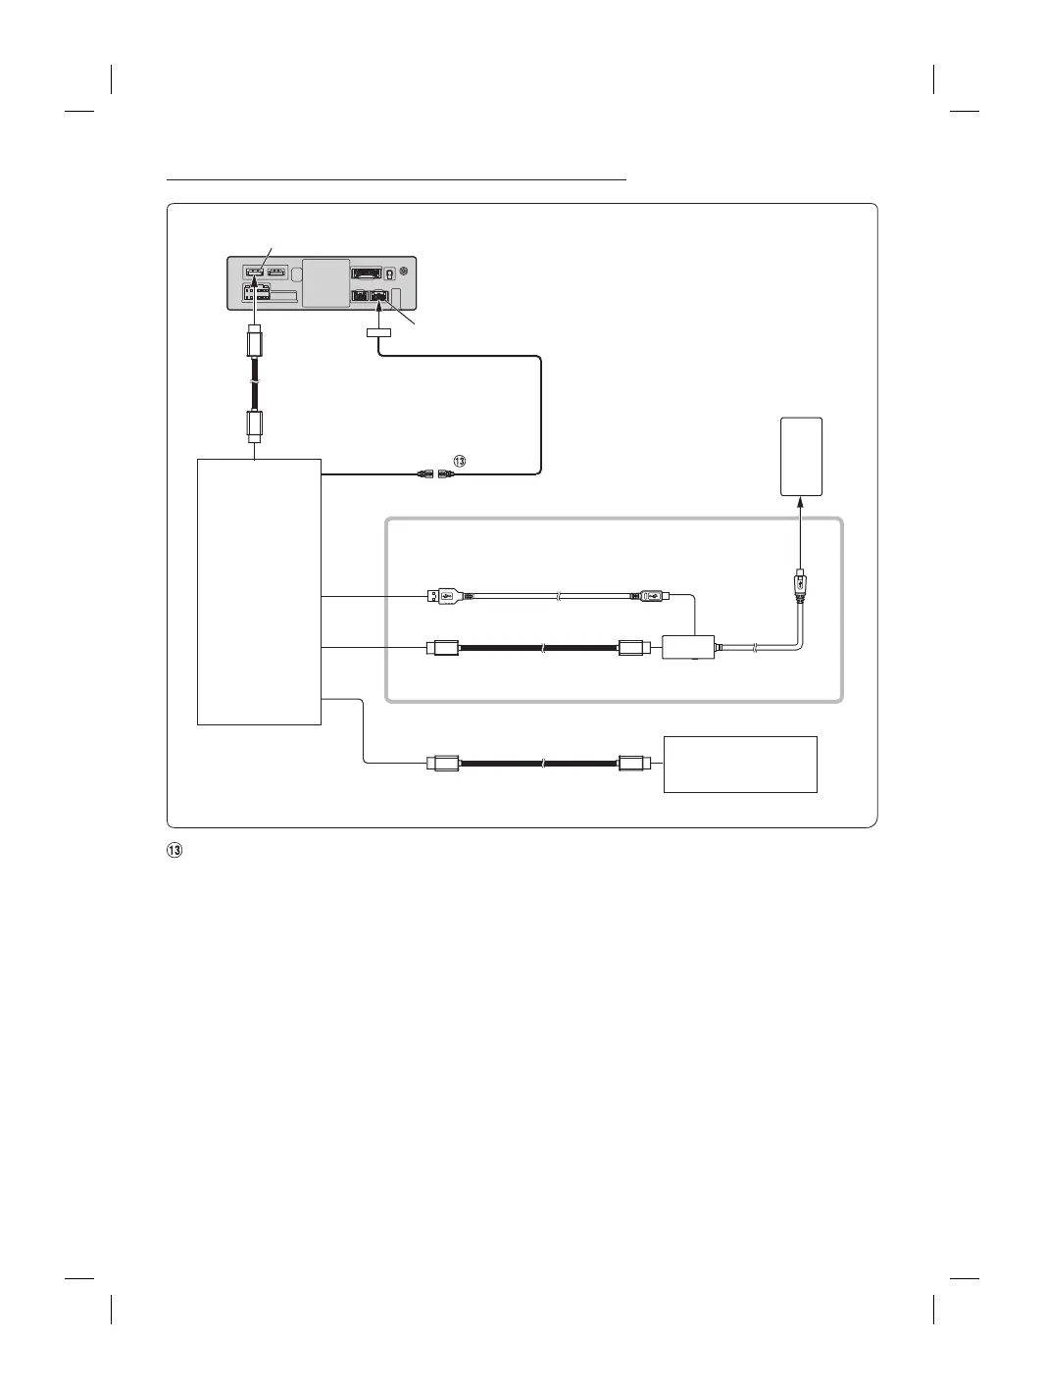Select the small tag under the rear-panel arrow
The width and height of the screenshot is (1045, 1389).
pyautogui.click(x=378, y=335)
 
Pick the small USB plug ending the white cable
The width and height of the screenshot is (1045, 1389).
pyautogui.click(x=651, y=595)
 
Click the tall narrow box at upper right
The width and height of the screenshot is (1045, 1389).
pyautogui.click(x=801, y=457)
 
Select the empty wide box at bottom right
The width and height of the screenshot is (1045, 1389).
pyautogui.click(x=740, y=764)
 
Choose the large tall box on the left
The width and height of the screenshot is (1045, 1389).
pyautogui.click(x=259, y=590)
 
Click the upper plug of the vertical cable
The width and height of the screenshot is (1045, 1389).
pyautogui.click(x=254, y=345)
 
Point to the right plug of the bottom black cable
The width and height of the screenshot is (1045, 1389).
pyautogui.click(x=631, y=763)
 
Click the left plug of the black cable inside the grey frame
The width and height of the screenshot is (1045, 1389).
pyautogui.click(x=443, y=648)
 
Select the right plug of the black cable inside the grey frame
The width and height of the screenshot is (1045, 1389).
pyautogui.click(x=631, y=648)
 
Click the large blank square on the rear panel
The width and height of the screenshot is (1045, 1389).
pyautogui.click(x=325, y=282)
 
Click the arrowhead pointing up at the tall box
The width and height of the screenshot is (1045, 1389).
pyautogui.click(x=801, y=501)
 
